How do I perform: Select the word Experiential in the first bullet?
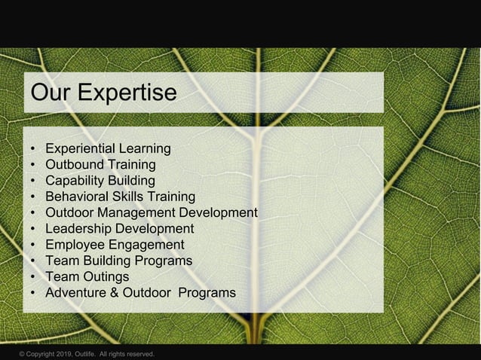click(81, 148)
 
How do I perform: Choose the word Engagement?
click(147, 245)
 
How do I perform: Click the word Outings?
click(106, 276)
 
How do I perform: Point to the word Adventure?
click(78, 292)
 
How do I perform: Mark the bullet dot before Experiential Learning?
click(33, 149)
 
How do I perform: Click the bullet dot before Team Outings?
click(33, 277)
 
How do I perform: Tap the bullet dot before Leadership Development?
click(33, 229)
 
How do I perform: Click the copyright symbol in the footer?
click(23, 354)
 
